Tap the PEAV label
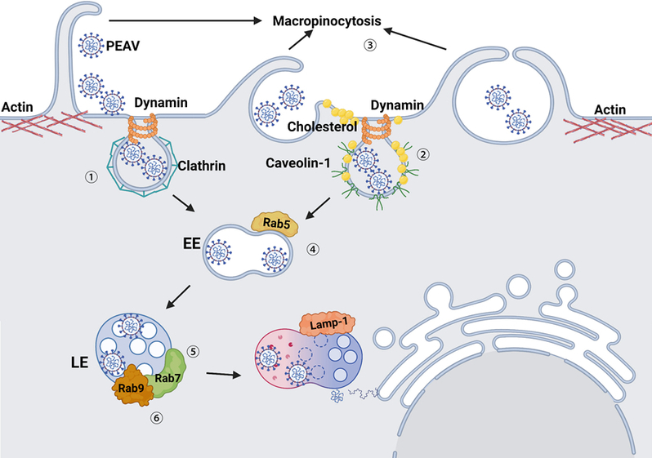tap(123, 46)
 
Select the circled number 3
tap(371, 47)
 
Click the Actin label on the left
tap(18, 107)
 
